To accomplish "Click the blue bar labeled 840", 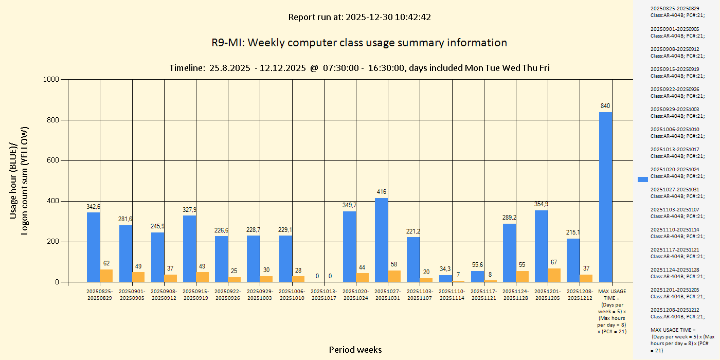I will tap(605, 197).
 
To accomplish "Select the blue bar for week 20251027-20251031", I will tap(381, 240).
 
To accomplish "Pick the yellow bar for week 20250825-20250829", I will tap(106, 276).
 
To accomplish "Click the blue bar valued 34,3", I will tap(445, 279).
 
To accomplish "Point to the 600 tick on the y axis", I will tap(53, 160).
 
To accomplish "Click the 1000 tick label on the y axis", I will tap(51, 79).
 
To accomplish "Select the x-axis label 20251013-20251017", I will tap(325, 295).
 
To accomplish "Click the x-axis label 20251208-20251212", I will tap(580, 295).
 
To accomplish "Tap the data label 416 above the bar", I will tap(381, 192).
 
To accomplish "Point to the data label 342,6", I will tap(93, 207).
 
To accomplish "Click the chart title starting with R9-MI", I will tap(359, 43).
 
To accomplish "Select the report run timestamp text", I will tap(359, 17).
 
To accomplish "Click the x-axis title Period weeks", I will tap(355, 350).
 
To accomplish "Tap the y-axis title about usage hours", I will tap(20, 181).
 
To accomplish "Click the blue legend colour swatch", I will tap(643, 179).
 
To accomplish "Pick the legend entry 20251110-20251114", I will tap(677, 232).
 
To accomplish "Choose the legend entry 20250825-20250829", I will tap(677, 12).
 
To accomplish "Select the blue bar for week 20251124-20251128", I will tap(509, 253).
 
